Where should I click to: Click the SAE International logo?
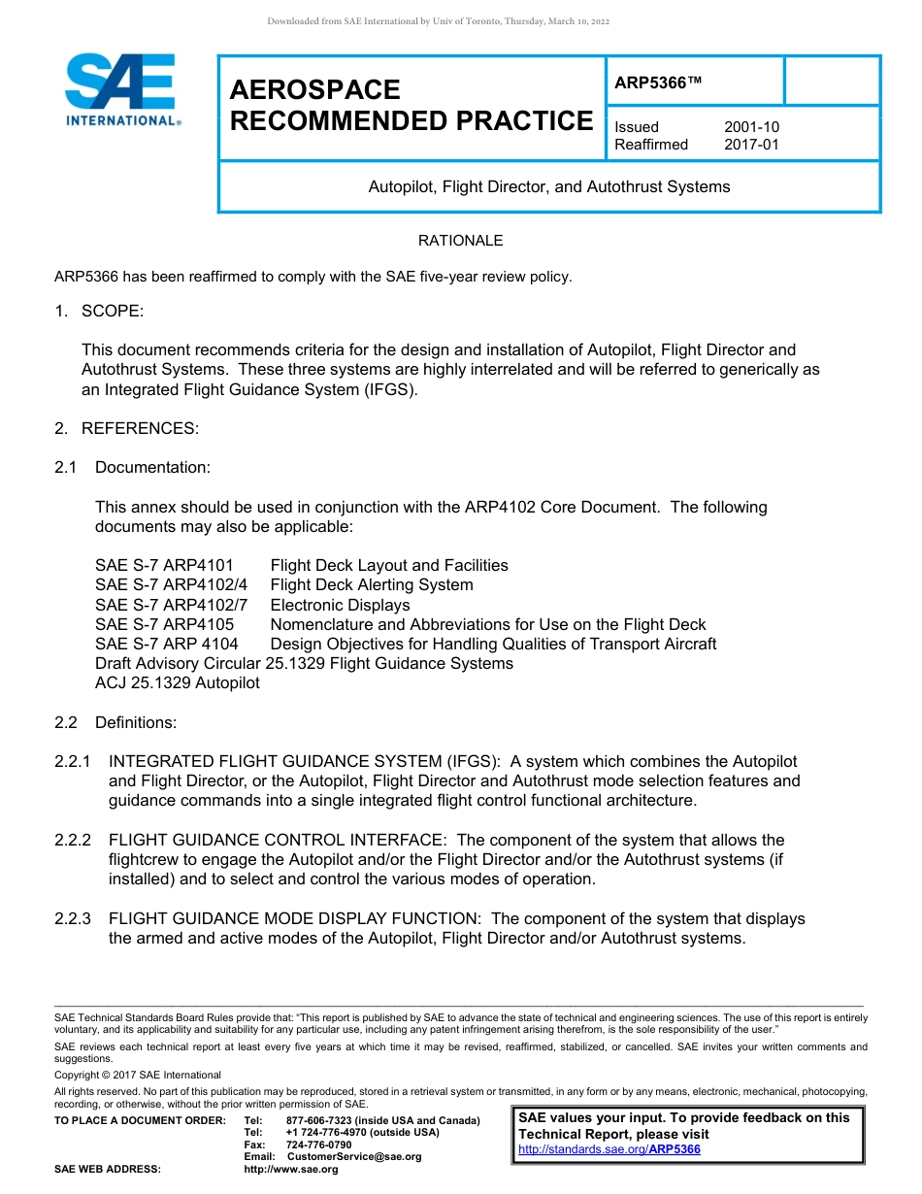(120, 89)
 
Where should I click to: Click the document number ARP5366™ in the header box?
(657, 83)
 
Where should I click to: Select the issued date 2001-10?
(751, 127)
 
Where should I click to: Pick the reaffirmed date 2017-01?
(751, 145)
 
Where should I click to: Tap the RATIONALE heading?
(460, 241)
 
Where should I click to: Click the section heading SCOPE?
(113, 311)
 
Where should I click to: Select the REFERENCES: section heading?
(140, 428)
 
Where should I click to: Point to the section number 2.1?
(66, 468)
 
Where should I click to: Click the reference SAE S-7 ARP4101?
(164, 565)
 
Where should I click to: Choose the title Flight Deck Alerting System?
(372, 585)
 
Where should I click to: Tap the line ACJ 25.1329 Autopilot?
(178, 683)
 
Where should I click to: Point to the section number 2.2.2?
(73, 841)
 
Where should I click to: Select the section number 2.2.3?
(73, 918)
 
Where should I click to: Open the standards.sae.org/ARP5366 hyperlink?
(609, 1150)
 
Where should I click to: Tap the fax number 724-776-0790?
(318, 1145)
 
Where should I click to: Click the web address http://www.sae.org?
(291, 1170)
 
